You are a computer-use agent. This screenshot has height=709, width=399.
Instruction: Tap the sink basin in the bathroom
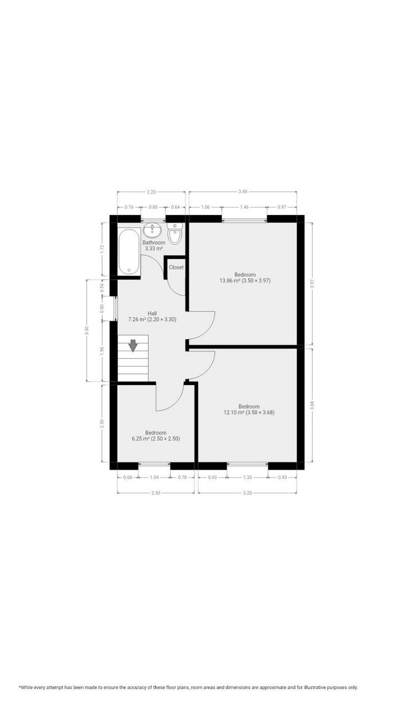pyautogui.click(x=152, y=230)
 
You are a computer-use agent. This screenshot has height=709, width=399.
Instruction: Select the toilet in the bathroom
pyautogui.click(x=175, y=234)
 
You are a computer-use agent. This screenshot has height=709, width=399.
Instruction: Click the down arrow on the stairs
pyautogui.click(x=133, y=346)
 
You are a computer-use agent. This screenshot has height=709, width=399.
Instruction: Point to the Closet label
pyautogui.click(x=176, y=268)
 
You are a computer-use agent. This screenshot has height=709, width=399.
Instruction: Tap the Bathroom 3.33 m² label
pyautogui.click(x=154, y=246)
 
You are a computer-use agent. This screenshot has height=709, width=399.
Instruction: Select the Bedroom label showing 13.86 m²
pyautogui.click(x=244, y=278)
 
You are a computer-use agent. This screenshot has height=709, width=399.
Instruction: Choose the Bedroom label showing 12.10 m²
pyautogui.click(x=249, y=409)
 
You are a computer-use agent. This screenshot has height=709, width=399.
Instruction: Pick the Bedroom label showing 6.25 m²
pyautogui.click(x=156, y=435)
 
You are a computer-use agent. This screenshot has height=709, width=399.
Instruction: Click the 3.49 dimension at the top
pyautogui.click(x=243, y=192)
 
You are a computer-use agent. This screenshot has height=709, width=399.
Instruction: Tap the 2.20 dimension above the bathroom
pyautogui.click(x=151, y=192)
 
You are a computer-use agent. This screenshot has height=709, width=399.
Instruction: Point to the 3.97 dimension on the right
pyautogui.click(x=312, y=284)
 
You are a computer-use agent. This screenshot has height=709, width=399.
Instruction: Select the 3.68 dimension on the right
pyautogui.click(x=312, y=404)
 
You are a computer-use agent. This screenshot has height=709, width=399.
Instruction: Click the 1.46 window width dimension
pyautogui.click(x=244, y=207)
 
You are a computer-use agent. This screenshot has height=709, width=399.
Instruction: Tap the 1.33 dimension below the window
pyautogui.click(x=247, y=477)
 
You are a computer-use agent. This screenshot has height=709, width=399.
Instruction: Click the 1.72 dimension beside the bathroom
pyautogui.click(x=102, y=249)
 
